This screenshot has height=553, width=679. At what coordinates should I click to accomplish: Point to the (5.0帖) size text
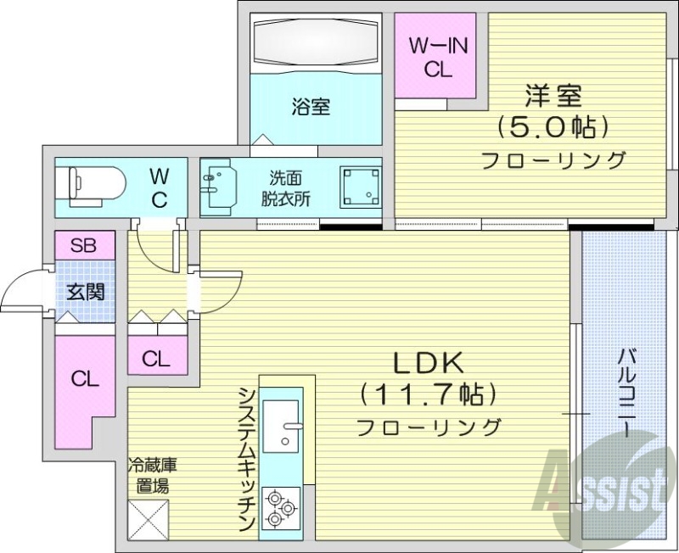point(553,127)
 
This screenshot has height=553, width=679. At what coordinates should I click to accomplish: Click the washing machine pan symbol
point(360,185)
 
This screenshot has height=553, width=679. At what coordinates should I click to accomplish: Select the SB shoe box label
point(83,246)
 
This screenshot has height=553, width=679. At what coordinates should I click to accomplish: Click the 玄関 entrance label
point(85,293)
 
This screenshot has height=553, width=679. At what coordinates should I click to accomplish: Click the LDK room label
point(426,363)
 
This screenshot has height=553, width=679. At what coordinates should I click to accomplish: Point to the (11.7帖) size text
point(426,394)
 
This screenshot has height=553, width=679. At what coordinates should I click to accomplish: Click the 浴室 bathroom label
point(311,108)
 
